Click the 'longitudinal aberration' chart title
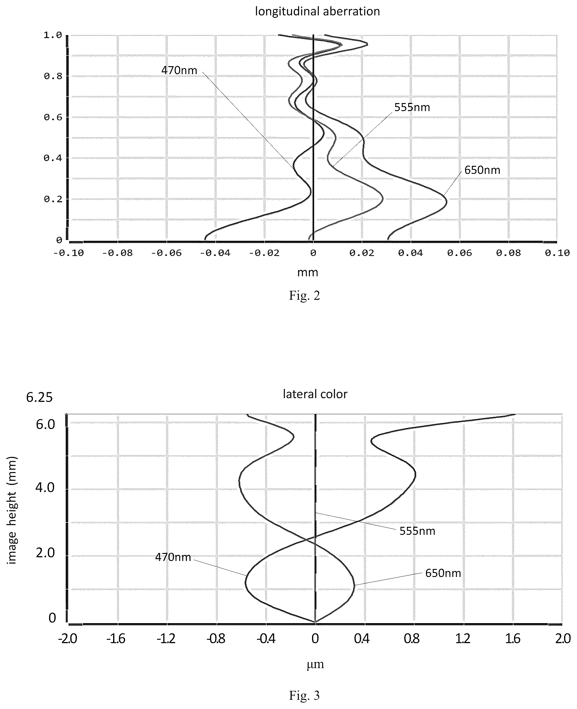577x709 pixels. pyautogui.click(x=318, y=12)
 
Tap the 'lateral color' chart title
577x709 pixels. pyautogui.click(x=315, y=394)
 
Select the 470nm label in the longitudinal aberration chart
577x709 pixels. pyautogui.click(x=179, y=70)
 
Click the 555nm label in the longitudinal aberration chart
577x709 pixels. pyautogui.click(x=412, y=107)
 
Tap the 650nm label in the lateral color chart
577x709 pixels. pyautogui.click(x=443, y=573)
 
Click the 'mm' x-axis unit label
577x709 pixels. pyautogui.click(x=307, y=272)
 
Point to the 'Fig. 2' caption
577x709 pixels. pyautogui.click(x=304, y=295)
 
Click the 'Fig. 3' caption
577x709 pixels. pyautogui.click(x=304, y=695)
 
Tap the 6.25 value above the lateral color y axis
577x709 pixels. pyautogui.click(x=39, y=397)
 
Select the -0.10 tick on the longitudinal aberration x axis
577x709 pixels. pyautogui.click(x=69, y=253)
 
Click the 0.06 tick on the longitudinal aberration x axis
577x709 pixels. pyautogui.click(x=460, y=253)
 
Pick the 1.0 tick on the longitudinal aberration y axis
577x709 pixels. pyautogui.click(x=53, y=35)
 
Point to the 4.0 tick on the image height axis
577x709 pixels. pyautogui.click(x=45, y=488)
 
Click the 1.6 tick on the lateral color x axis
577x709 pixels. pyautogui.click(x=513, y=639)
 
